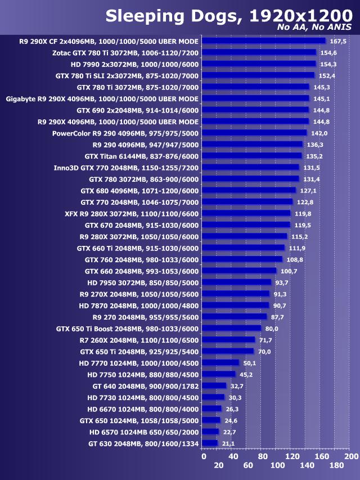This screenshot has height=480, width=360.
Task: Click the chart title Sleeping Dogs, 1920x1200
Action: tap(228, 16)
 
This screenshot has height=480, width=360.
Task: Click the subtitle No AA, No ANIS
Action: tap(314, 28)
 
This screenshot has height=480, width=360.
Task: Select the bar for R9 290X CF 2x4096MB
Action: tap(263, 41)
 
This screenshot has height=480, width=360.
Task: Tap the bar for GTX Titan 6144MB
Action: tap(251, 156)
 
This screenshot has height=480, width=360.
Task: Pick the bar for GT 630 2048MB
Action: tap(209, 443)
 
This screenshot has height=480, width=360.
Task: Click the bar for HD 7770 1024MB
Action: tap(220, 363)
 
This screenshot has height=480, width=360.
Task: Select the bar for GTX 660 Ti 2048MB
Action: tap(243, 248)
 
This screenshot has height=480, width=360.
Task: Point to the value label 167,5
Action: tap(337, 41)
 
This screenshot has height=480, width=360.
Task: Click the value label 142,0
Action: tap(319, 133)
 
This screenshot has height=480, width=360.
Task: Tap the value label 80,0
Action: tap(272, 329)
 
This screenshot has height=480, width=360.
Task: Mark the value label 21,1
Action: tap(228, 443)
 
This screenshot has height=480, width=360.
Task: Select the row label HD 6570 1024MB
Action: tap(144, 432)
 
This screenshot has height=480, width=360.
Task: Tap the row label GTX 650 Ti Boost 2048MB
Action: tap(128, 329)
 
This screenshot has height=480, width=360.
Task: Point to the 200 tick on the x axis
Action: tap(351, 456)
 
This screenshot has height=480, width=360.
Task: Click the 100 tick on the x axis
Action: tap(277, 466)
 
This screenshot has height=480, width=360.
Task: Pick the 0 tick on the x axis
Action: tap(204, 456)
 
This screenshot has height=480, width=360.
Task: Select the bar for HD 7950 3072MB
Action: tap(236, 282)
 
